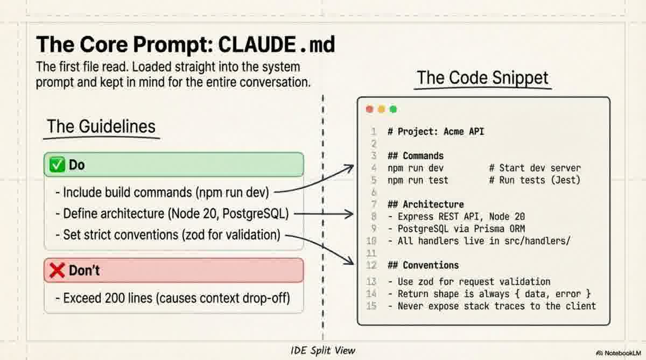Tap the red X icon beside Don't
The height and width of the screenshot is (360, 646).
point(57,270)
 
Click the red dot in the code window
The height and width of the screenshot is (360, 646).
point(369,109)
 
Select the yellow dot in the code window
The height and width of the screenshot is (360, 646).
point(381,109)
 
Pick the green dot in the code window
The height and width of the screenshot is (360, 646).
point(393,109)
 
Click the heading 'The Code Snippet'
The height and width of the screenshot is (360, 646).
point(482,78)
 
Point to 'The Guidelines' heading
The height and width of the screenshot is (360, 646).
point(101,126)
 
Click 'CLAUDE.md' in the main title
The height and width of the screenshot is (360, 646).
point(276,45)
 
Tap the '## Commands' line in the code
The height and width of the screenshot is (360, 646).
point(415,156)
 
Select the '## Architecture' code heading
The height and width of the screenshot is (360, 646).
point(425,204)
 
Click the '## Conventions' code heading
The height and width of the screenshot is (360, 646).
point(423,265)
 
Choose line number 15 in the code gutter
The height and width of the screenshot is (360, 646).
point(371,306)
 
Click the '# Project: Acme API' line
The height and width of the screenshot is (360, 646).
point(436,131)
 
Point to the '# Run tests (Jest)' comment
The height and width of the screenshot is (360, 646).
point(535,180)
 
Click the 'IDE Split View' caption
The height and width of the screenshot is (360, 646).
point(323,350)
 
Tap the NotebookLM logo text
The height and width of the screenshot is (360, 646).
point(621,352)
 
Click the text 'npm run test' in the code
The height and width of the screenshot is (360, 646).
point(418,180)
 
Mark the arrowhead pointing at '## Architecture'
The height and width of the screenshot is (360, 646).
point(351,214)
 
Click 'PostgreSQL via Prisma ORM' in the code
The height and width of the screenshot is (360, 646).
point(461,229)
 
